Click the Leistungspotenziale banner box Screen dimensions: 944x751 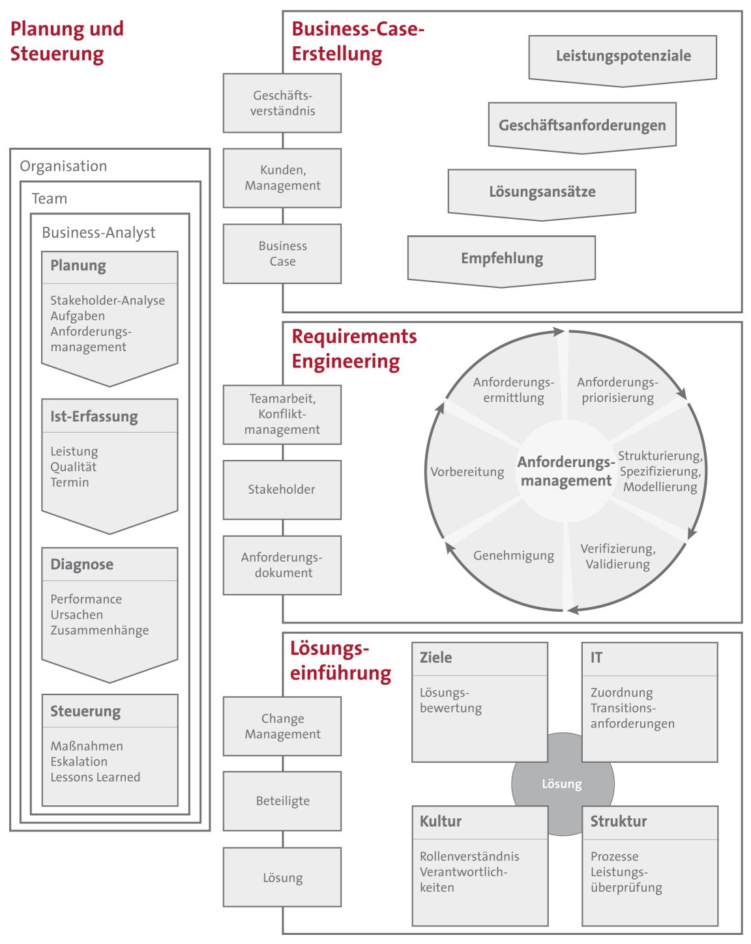(x=623, y=57)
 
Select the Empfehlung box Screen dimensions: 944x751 (x=501, y=259)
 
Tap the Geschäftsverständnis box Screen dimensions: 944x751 (x=282, y=103)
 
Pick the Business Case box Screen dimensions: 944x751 (x=282, y=253)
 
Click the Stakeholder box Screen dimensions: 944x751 (x=282, y=489)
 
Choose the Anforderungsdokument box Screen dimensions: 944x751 (x=282, y=565)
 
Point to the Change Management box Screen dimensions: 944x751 (x=282, y=726)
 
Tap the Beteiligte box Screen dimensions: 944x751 (x=282, y=801)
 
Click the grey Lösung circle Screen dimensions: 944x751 (x=562, y=784)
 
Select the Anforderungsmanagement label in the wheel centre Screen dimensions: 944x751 (x=565, y=471)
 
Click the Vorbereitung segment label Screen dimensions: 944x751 (x=467, y=472)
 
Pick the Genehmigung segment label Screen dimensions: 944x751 (x=514, y=556)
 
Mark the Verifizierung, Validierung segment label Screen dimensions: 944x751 (x=618, y=556)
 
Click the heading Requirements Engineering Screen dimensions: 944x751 (x=354, y=349)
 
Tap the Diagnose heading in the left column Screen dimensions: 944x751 (x=82, y=564)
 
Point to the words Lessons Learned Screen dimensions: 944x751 (x=95, y=777)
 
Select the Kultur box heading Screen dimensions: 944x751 (x=441, y=822)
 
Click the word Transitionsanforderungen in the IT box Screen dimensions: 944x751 (x=632, y=716)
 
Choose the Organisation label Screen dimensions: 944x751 (x=63, y=166)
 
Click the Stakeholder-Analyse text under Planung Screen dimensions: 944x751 (x=108, y=300)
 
